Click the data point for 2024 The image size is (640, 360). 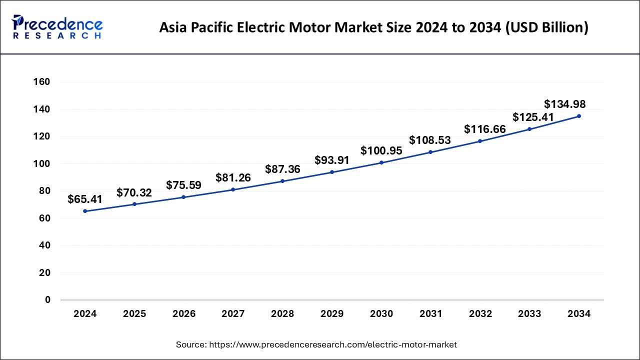tap(85, 211)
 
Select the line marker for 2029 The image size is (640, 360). tap(332, 172)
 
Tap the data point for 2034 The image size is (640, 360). tap(579, 116)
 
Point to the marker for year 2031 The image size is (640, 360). tap(430, 152)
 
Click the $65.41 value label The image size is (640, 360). tap(85, 199)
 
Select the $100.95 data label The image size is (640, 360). tap(381, 150)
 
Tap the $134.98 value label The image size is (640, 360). tap(565, 104)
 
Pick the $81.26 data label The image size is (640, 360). tap(233, 177)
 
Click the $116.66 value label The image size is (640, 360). tap(485, 129)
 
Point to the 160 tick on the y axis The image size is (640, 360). tap(41, 82)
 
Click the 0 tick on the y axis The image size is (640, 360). tap(48, 300)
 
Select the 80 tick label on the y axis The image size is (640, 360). tap(44, 191)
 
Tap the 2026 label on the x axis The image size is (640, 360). tap(184, 314)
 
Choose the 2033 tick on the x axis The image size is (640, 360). tap(529, 314)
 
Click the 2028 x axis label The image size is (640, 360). tap(282, 314)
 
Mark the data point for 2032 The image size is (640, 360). tap(480, 141)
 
